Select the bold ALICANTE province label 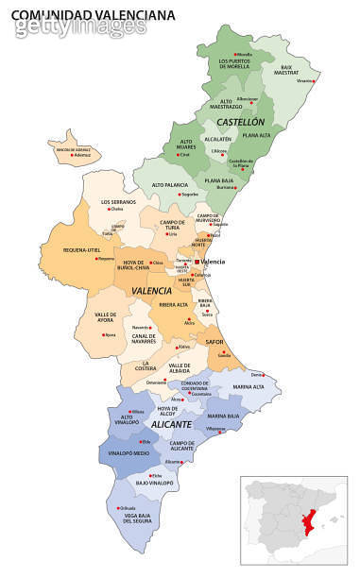(169, 425)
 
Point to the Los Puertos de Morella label (234, 64)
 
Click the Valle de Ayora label (105, 317)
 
